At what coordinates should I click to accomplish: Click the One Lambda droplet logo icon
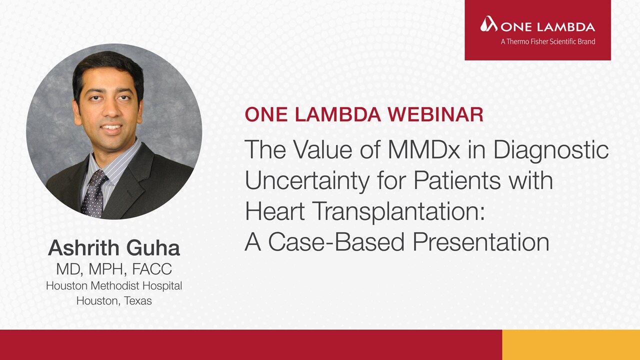pyautogui.click(x=489, y=24)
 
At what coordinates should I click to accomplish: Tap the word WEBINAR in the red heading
pyautogui.click(x=435, y=115)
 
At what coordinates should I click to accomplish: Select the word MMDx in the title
pyautogui.click(x=424, y=149)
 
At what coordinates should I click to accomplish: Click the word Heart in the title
pyautogui.click(x=274, y=211)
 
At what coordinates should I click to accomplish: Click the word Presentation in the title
pyautogui.click(x=481, y=241)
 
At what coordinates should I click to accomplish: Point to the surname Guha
pyautogui.click(x=153, y=247)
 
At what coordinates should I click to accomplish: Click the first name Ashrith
pyautogui.click(x=83, y=247)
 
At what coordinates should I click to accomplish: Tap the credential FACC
pyautogui.click(x=152, y=268)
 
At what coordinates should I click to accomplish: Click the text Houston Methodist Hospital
pyautogui.click(x=114, y=285)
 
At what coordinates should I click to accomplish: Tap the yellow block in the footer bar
pyautogui.click(x=571, y=345)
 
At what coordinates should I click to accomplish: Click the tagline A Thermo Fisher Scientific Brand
pyautogui.click(x=548, y=41)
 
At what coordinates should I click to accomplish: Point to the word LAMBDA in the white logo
pyautogui.click(x=566, y=27)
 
